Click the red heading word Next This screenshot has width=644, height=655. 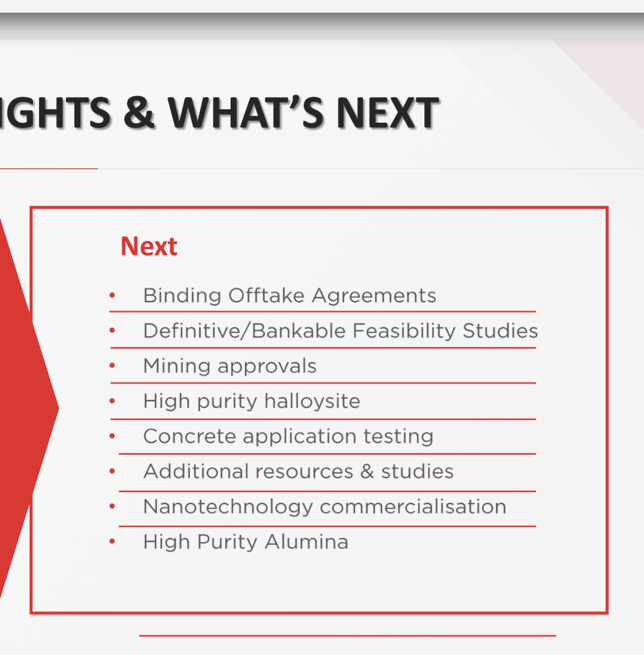click(149, 246)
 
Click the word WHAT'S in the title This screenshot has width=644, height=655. click(246, 113)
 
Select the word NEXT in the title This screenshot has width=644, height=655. click(388, 113)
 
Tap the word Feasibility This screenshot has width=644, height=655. click(405, 331)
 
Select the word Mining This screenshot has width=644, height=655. click(177, 366)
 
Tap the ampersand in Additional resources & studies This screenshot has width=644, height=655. click(367, 472)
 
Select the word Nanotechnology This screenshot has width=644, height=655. click(228, 507)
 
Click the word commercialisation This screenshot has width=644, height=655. click(413, 507)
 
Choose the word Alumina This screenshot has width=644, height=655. click(307, 542)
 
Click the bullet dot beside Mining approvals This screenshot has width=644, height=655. click(112, 366)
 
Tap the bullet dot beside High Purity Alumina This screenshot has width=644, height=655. click(112, 541)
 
